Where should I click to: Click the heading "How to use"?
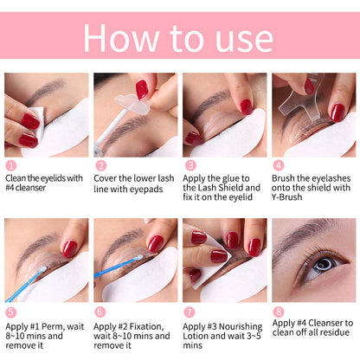pyautogui.click(x=179, y=38)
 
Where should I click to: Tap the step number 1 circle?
pyautogui.click(x=10, y=165)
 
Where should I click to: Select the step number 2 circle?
pyautogui.click(x=100, y=165)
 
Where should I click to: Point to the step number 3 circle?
pyautogui.click(x=189, y=165)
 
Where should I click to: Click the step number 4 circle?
pyautogui.click(x=278, y=165)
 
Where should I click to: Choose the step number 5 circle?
pyautogui.click(x=10, y=311)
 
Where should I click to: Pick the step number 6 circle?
pyautogui.click(x=100, y=311)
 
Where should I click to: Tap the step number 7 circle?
pyautogui.click(x=189, y=311)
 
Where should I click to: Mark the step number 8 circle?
pyautogui.click(x=278, y=311)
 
